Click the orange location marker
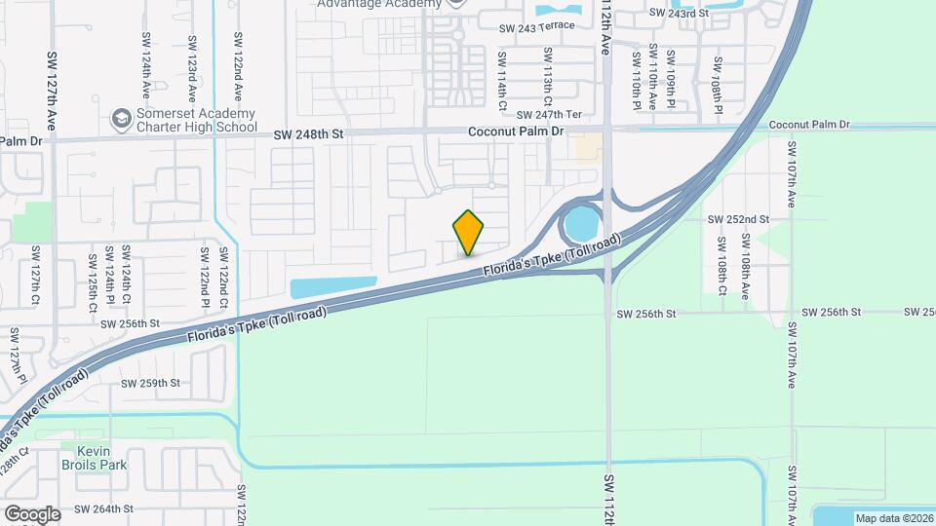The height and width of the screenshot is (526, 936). coord(469,233)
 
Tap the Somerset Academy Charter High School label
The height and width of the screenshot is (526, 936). coord(194,120)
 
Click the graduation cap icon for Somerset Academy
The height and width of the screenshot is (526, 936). coord(121,119)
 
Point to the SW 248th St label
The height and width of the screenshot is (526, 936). coord(309,134)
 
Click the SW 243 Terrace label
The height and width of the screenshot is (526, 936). coord(536,28)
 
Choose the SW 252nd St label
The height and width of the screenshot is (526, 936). coord(738,220)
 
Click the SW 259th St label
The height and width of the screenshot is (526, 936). coord(151,383)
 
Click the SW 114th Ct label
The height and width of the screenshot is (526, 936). coord(503,88)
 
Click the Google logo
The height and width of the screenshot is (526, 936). coord(32,513)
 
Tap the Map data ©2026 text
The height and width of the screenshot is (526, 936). coord(892,518)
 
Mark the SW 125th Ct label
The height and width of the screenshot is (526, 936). coord(93,282)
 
